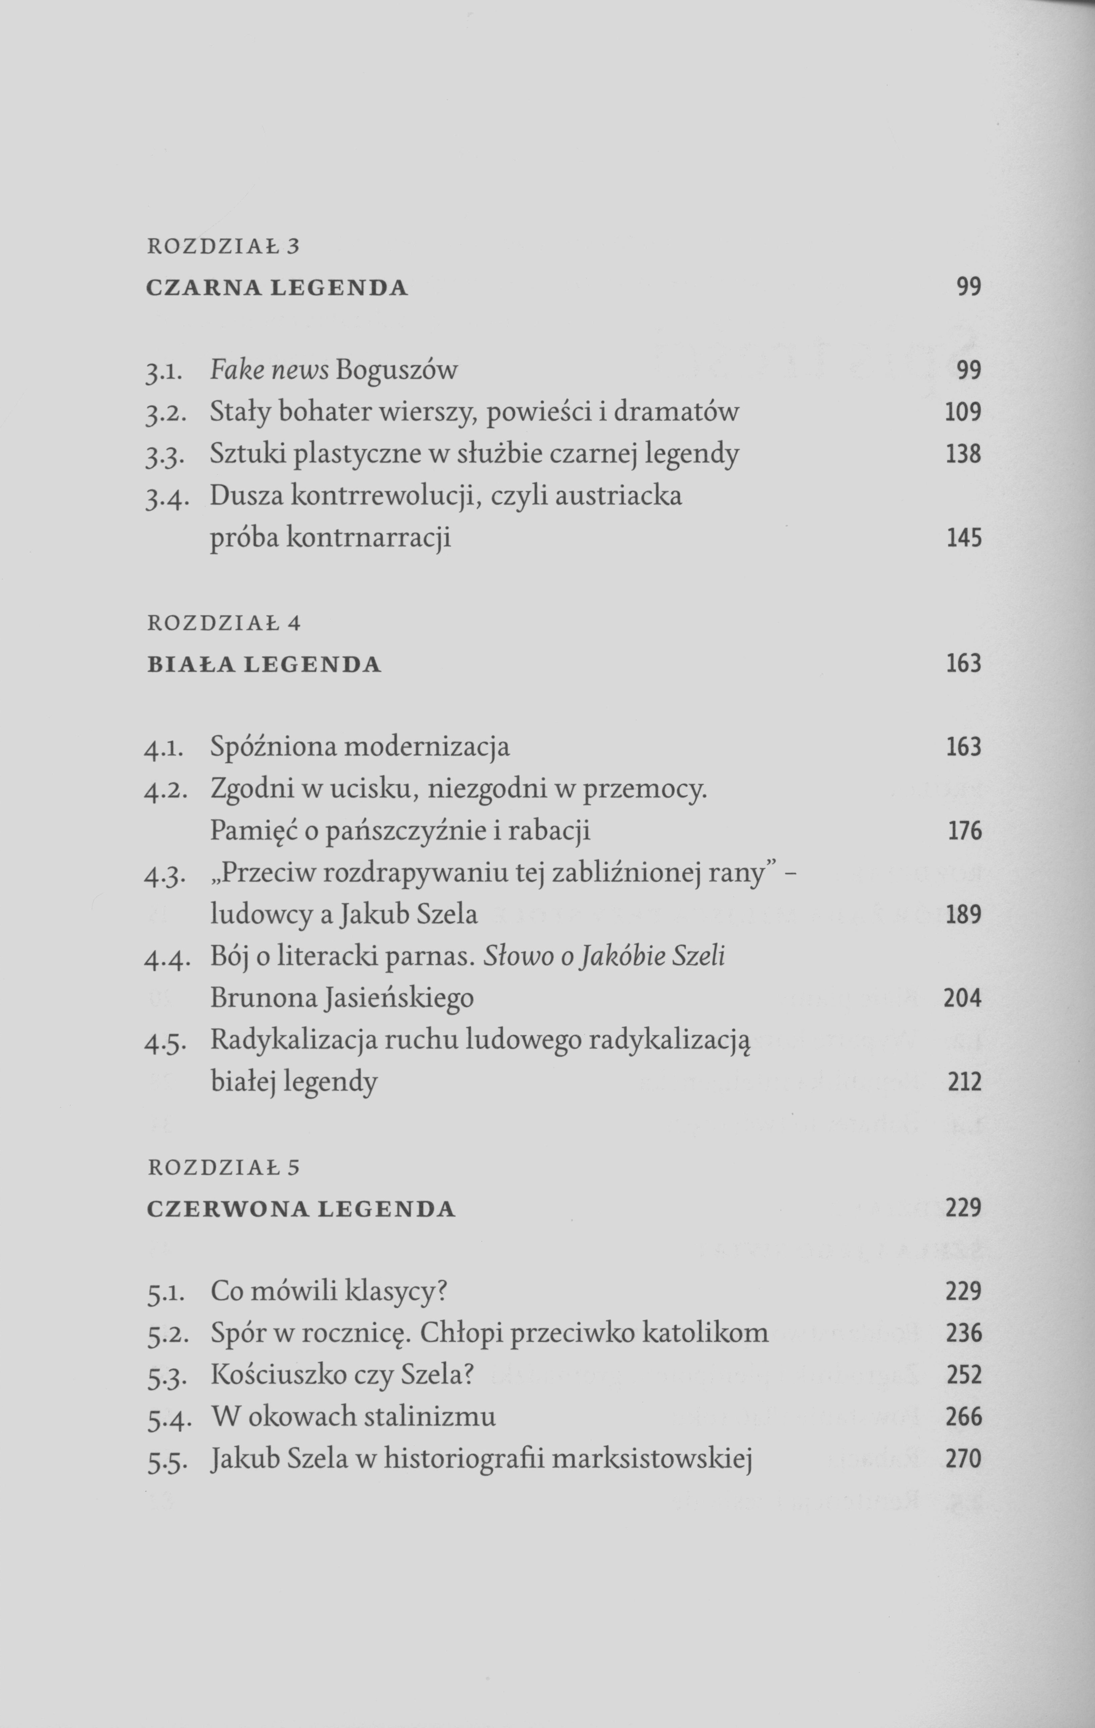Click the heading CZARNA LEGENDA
click(277, 288)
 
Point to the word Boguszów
click(396, 370)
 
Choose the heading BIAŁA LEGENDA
click(264, 664)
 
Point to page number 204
click(962, 998)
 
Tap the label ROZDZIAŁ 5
click(223, 1167)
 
